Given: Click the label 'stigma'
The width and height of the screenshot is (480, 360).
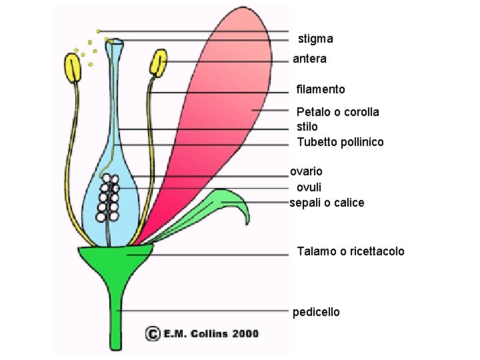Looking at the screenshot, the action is (315, 39).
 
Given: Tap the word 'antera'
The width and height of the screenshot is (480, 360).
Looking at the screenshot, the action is (309, 59).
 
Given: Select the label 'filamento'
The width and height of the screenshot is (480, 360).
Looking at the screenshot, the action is (321, 89).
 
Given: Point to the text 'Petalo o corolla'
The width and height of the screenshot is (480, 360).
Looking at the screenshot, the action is (337, 111).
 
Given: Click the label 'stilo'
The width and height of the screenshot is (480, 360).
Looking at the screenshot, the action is (307, 126).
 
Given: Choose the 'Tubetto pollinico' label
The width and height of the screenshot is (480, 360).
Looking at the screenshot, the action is (340, 142).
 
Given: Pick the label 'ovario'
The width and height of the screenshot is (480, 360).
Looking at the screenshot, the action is (306, 171).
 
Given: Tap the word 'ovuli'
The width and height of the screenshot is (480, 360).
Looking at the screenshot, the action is (308, 187).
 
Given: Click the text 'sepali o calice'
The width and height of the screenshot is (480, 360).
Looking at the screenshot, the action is (327, 203).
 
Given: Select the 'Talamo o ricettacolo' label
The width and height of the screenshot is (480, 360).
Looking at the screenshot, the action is (350, 251).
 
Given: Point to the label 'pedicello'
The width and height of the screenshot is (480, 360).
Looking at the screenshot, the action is (316, 312).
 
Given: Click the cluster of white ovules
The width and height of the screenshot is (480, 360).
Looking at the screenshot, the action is (108, 197).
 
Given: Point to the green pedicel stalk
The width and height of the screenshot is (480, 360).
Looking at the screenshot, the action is (116, 313).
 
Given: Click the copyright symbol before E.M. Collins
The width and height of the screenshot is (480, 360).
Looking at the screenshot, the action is (153, 333).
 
